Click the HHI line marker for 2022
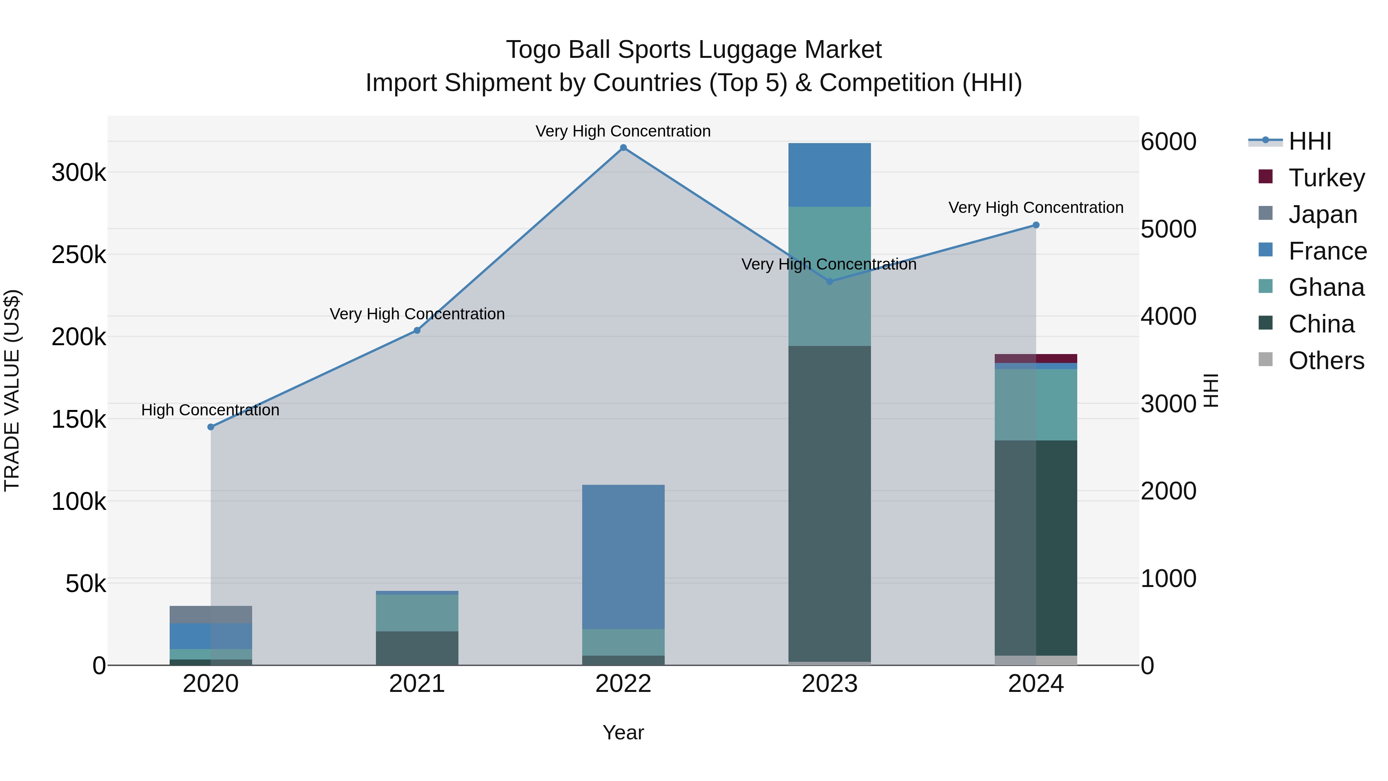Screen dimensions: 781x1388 click(623, 148)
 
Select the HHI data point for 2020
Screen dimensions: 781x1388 click(211, 427)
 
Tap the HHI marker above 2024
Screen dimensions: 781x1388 click(1036, 225)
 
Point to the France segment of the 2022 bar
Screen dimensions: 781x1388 click(623, 556)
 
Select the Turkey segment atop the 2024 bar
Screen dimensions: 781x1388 click(1036, 358)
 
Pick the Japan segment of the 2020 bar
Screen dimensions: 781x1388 click(211, 614)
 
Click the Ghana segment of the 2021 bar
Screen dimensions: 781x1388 click(417, 613)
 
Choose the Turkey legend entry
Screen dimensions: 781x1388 click(1326, 178)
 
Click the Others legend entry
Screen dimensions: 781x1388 click(1326, 361)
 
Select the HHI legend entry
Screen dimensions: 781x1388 click(1309, 141)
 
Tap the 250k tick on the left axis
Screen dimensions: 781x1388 click(79, 255)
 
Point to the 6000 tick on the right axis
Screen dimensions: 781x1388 click(1168, 142)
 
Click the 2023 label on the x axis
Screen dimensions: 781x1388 click(829, 684)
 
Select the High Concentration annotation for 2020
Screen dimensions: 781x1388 click(210, 410)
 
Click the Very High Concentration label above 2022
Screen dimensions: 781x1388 click(623, 131)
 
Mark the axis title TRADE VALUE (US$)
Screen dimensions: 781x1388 click(12, 390)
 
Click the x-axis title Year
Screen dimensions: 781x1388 click(623, 732)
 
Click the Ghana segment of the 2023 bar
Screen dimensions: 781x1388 click(829, 276)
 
